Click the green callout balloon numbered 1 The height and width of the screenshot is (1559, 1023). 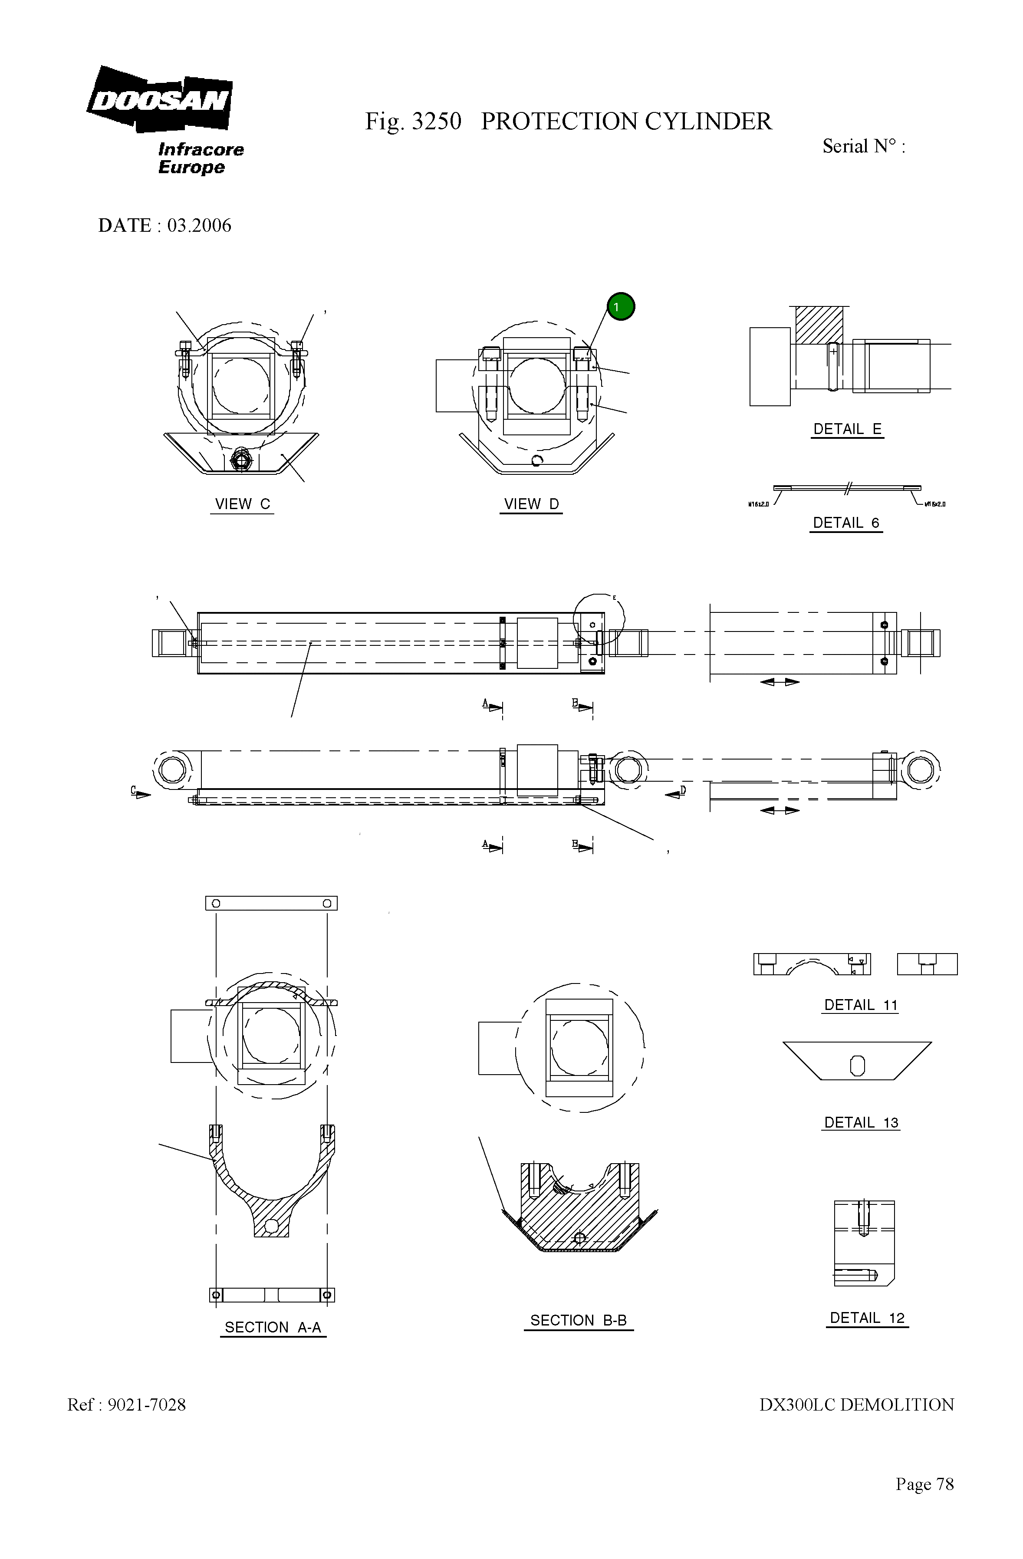pos(620,306)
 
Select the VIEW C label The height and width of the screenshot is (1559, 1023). pos(242,504)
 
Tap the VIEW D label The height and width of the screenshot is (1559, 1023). pos(531,504)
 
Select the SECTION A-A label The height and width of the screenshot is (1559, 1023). pos(273,1327)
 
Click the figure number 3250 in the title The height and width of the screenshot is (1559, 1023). pos(436,122)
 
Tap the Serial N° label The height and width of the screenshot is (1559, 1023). pos(863,146)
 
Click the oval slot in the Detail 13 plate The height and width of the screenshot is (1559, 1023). pos(857,1066)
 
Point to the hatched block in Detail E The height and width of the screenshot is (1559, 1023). pos(819,325)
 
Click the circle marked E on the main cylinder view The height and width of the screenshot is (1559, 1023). pos(599,619)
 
